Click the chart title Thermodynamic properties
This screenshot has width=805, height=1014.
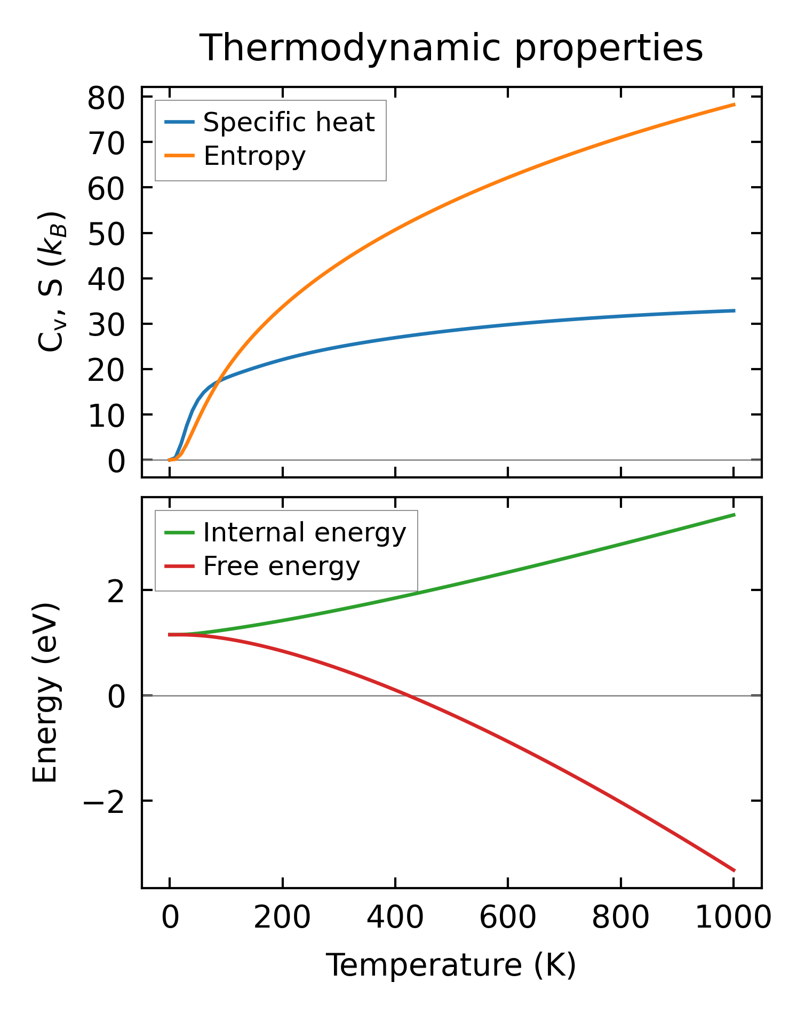tap(451, 48)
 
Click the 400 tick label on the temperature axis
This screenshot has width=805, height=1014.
tap(395, 918)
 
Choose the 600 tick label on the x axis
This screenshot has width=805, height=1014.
tap(508, 918)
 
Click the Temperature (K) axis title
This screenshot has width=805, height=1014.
tap(451, 965)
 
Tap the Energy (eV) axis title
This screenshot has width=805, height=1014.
tap(45, 693)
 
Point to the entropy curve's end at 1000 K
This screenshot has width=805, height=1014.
tap(734, 105)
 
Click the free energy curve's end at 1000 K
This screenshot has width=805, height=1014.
tap(734, 871)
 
